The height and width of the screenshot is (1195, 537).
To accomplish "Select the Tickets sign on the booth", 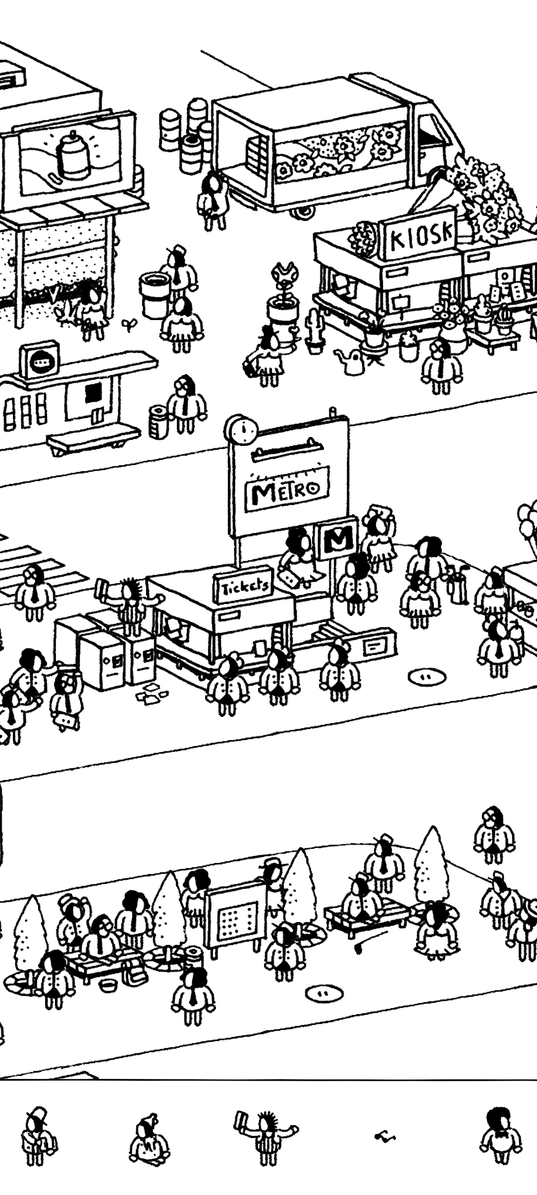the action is click(x=244, y=586).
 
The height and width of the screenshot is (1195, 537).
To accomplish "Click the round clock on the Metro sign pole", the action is click(x=242, y=429).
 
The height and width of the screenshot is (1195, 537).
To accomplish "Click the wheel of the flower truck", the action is click(x=302, y=212).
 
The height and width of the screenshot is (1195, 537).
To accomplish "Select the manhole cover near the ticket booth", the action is click(x=427, y=676).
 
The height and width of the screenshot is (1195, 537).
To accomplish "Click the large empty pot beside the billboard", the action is click(x=155, y=294).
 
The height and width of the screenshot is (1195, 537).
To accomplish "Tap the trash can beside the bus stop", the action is click(x=159, y=422).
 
